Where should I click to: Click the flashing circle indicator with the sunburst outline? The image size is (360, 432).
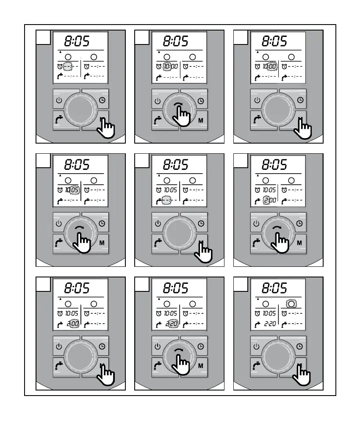[x=291, y=303]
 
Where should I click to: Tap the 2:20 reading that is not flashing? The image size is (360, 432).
[x=269, y=324]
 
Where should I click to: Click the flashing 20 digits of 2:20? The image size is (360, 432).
[x=174, y=324]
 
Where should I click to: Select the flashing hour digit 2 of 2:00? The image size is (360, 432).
[x=266, y=200]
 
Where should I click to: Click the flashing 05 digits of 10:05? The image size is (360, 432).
[x=75, y=190]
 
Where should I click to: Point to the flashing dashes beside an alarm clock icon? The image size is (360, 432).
[x=68, y=66]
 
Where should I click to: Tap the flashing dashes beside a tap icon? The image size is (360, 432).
[x=167, y=200]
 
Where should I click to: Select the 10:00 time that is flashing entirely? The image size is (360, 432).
[x=170, y=66]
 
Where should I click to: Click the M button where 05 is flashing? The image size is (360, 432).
[x=102, y=243]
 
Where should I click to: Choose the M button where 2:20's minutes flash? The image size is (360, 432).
[x=200, y=365]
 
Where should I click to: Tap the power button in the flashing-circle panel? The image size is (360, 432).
[x=257, y=346]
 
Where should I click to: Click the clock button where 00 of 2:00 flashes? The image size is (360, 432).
[x=102, y=346]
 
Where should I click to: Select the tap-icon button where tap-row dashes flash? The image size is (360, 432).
[x=158, y=243]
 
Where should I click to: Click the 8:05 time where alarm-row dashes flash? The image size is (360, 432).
[x=77, y=42]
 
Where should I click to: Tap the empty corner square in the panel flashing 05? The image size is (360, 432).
[x=43, y=161]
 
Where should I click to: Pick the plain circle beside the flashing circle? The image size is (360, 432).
[x=266, y=303]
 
